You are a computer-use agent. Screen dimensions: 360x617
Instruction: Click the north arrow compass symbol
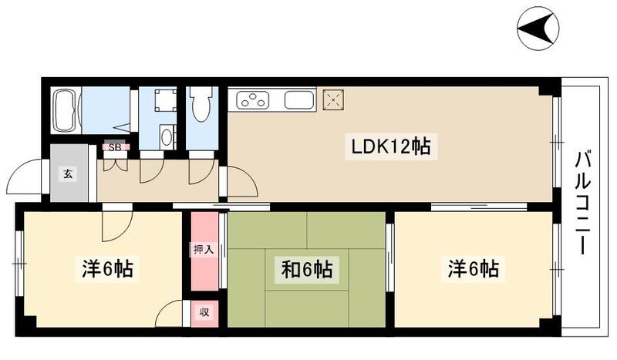pyautogui.click(x=538, y=29)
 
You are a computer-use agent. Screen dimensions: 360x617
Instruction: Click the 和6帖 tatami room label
pyautogui.click(x=306, y=270)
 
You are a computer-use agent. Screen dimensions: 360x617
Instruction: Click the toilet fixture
pyautogui.click(x=200, y=105)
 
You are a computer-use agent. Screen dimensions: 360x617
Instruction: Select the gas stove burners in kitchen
pyautogui.click(x=253, y=100)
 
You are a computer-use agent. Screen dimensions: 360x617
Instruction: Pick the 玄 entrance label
pyautogui.click(x=68, y=174)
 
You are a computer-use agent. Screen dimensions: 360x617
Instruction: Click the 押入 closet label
pyautogui.click(x=204, y=250)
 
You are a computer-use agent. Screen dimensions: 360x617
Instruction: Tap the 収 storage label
pyautogui.click(x=204, y=312)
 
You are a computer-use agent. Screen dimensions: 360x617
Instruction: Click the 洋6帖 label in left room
pyautogui.click(x=107, y=269)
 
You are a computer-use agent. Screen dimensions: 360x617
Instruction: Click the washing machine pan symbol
pyautogui.click(x=164, y=101)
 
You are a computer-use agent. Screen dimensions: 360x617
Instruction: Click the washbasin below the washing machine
pyautogui.click(x=167, y=136)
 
